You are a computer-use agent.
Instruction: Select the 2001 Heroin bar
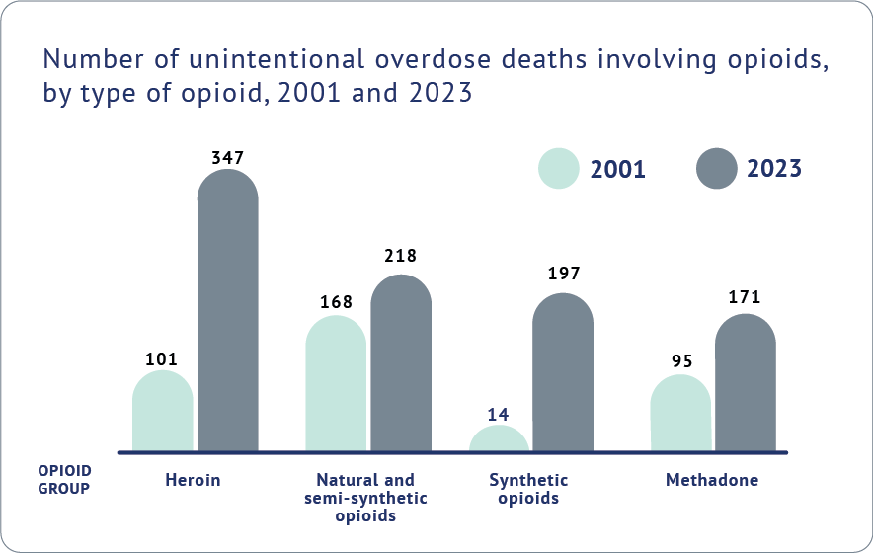click(162, 412)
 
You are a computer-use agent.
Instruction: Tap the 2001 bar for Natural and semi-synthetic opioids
click(336, 384)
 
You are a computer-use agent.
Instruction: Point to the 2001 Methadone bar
click(680, 414)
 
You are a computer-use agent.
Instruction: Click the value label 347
click(228, 157)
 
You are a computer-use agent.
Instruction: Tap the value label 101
click(161, 359)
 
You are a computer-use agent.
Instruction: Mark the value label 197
click(563, 274)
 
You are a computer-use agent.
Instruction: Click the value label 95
click(681, 360)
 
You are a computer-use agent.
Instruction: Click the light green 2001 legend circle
click(559, 168)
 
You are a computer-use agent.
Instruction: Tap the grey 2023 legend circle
click(717, 168)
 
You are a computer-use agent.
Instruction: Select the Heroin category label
click(193, 481)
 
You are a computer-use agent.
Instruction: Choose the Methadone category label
click(712, 481)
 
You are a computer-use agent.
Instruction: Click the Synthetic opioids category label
click(529, 489)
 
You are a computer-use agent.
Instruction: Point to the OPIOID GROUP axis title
click(64, 478)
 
